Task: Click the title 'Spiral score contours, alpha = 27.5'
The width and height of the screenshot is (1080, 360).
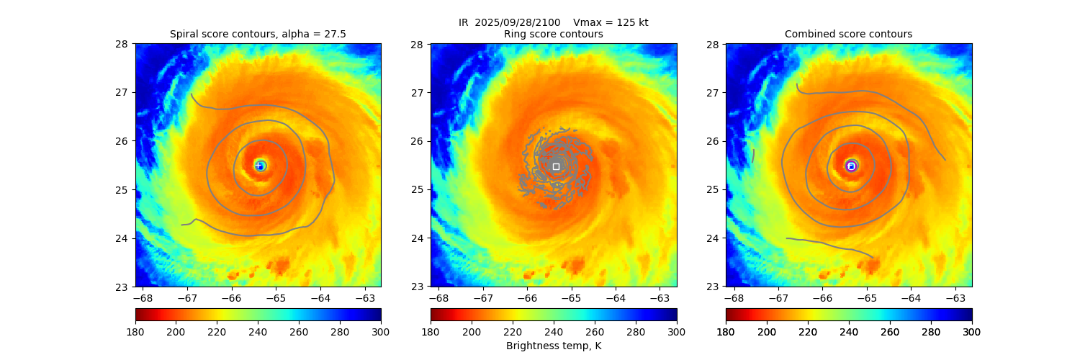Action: [x=258, y=34]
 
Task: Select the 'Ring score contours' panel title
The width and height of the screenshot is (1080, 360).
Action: [x=553, y=34]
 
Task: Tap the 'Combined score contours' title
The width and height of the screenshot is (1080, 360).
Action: [x=848, y=34]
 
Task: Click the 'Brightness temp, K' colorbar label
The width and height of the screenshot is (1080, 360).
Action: [x=553, y=346]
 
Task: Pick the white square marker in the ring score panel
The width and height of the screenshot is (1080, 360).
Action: [x=556, y=166]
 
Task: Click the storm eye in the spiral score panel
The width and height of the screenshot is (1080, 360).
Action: [x=260, y=166]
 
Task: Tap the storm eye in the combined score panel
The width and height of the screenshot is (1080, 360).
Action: [x=851, y=166]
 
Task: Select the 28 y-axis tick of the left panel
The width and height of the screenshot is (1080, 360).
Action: [x=124, y=44]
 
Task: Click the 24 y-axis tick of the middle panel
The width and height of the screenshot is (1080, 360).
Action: [x=419, y=238]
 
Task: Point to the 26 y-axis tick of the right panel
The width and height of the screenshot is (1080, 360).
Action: [x=714, y=141]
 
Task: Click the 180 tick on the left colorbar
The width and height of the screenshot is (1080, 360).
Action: [x=135, y=332]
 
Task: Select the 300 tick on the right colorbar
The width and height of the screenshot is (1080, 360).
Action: [x=972, y=332]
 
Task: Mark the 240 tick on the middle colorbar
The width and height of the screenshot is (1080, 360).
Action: [x=554, y=332]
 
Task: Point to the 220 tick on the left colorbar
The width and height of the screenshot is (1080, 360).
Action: [x=217, y=332]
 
